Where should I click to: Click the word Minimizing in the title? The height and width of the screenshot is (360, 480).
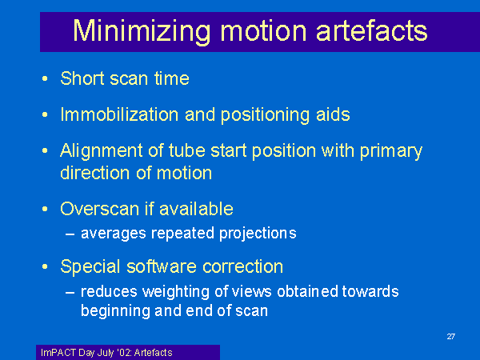(x=142, y=32)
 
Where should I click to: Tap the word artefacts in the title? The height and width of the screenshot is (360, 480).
(x=371, y=30)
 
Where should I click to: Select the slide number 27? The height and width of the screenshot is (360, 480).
(x=451, y=337)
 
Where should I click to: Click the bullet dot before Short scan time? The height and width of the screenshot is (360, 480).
(x=45, y=78)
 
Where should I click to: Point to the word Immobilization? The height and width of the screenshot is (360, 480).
(x=119, y=114)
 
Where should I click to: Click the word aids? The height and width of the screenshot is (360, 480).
(x=333, y=114)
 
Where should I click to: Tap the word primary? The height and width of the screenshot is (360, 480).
(x=391, y=152)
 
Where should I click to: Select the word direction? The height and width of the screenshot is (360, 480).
(x=95, y=173)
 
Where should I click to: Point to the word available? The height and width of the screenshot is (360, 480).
(x=196, y=209)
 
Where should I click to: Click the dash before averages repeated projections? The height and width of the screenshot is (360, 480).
(x=70, y=234)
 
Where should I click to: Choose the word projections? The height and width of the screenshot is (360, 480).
(x=258, y=234)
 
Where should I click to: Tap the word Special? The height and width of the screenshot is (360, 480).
(x=90, y=267)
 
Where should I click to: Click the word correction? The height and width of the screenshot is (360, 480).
(x=242, y=266)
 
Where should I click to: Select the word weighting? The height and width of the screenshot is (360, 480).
(x=176, y=292)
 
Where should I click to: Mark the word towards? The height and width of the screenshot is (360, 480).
(x=370, y=291)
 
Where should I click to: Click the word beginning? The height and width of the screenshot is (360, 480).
(x=115, y=312)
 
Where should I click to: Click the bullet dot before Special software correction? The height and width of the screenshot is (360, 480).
(x=45, y=267)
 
